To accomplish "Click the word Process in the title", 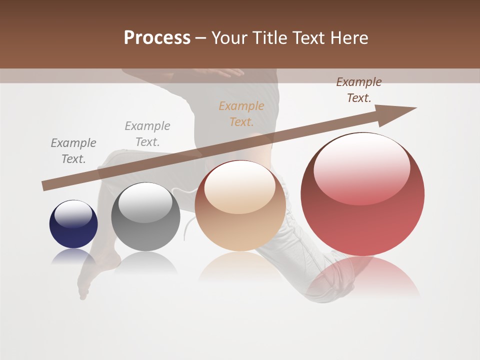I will [157, 38].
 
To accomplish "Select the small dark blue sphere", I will [73, 224].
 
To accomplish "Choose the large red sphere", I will [362, 194].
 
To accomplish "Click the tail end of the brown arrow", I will [45, 186].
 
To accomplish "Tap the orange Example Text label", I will [241, 113].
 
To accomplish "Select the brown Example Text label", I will [358, 90].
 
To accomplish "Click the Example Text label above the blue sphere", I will [73, 151].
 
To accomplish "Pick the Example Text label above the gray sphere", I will [147, 133].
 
